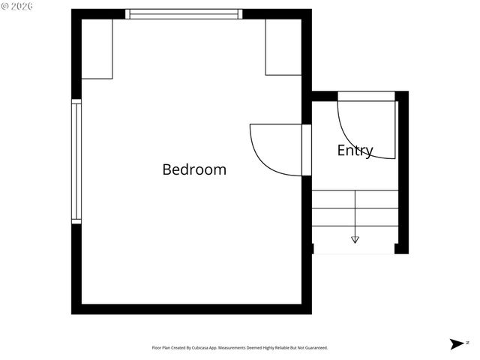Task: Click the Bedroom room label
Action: click(194, 169)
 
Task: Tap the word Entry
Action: click(355, 150)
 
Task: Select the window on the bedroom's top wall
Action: click(184, 13)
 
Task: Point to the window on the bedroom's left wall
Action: click(76, 161)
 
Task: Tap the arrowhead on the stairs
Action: click(355, 240)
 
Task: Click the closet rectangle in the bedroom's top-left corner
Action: click(97, 49)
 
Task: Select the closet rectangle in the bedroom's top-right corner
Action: click(283, 47)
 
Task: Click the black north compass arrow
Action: click(456, 344)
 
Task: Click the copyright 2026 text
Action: click(16, 6)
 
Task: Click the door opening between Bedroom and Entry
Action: click(306, 150)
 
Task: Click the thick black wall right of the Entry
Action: click(402, 172)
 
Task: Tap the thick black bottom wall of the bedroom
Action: click(191, 308)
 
